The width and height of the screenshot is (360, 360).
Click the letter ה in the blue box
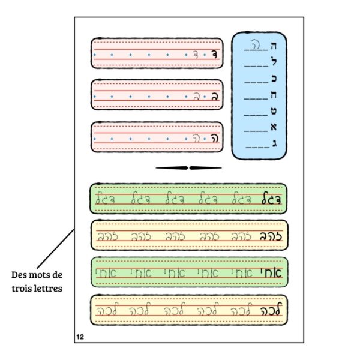(274, 45)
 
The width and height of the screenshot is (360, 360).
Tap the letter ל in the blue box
(274, 61)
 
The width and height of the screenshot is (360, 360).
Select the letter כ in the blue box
(274, 78)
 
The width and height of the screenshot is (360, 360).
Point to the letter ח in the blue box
(274, 95)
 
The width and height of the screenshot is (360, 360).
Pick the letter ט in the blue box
(274, 111)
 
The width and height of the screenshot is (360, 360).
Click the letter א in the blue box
(274, 127)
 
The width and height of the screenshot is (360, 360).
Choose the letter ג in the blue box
(274, 143)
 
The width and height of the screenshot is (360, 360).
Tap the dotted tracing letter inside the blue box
(254, 45)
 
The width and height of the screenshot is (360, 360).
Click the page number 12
(79, 337)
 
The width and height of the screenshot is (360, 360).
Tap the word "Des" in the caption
(20, 275)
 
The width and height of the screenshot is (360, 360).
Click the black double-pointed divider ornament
(188, 168)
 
